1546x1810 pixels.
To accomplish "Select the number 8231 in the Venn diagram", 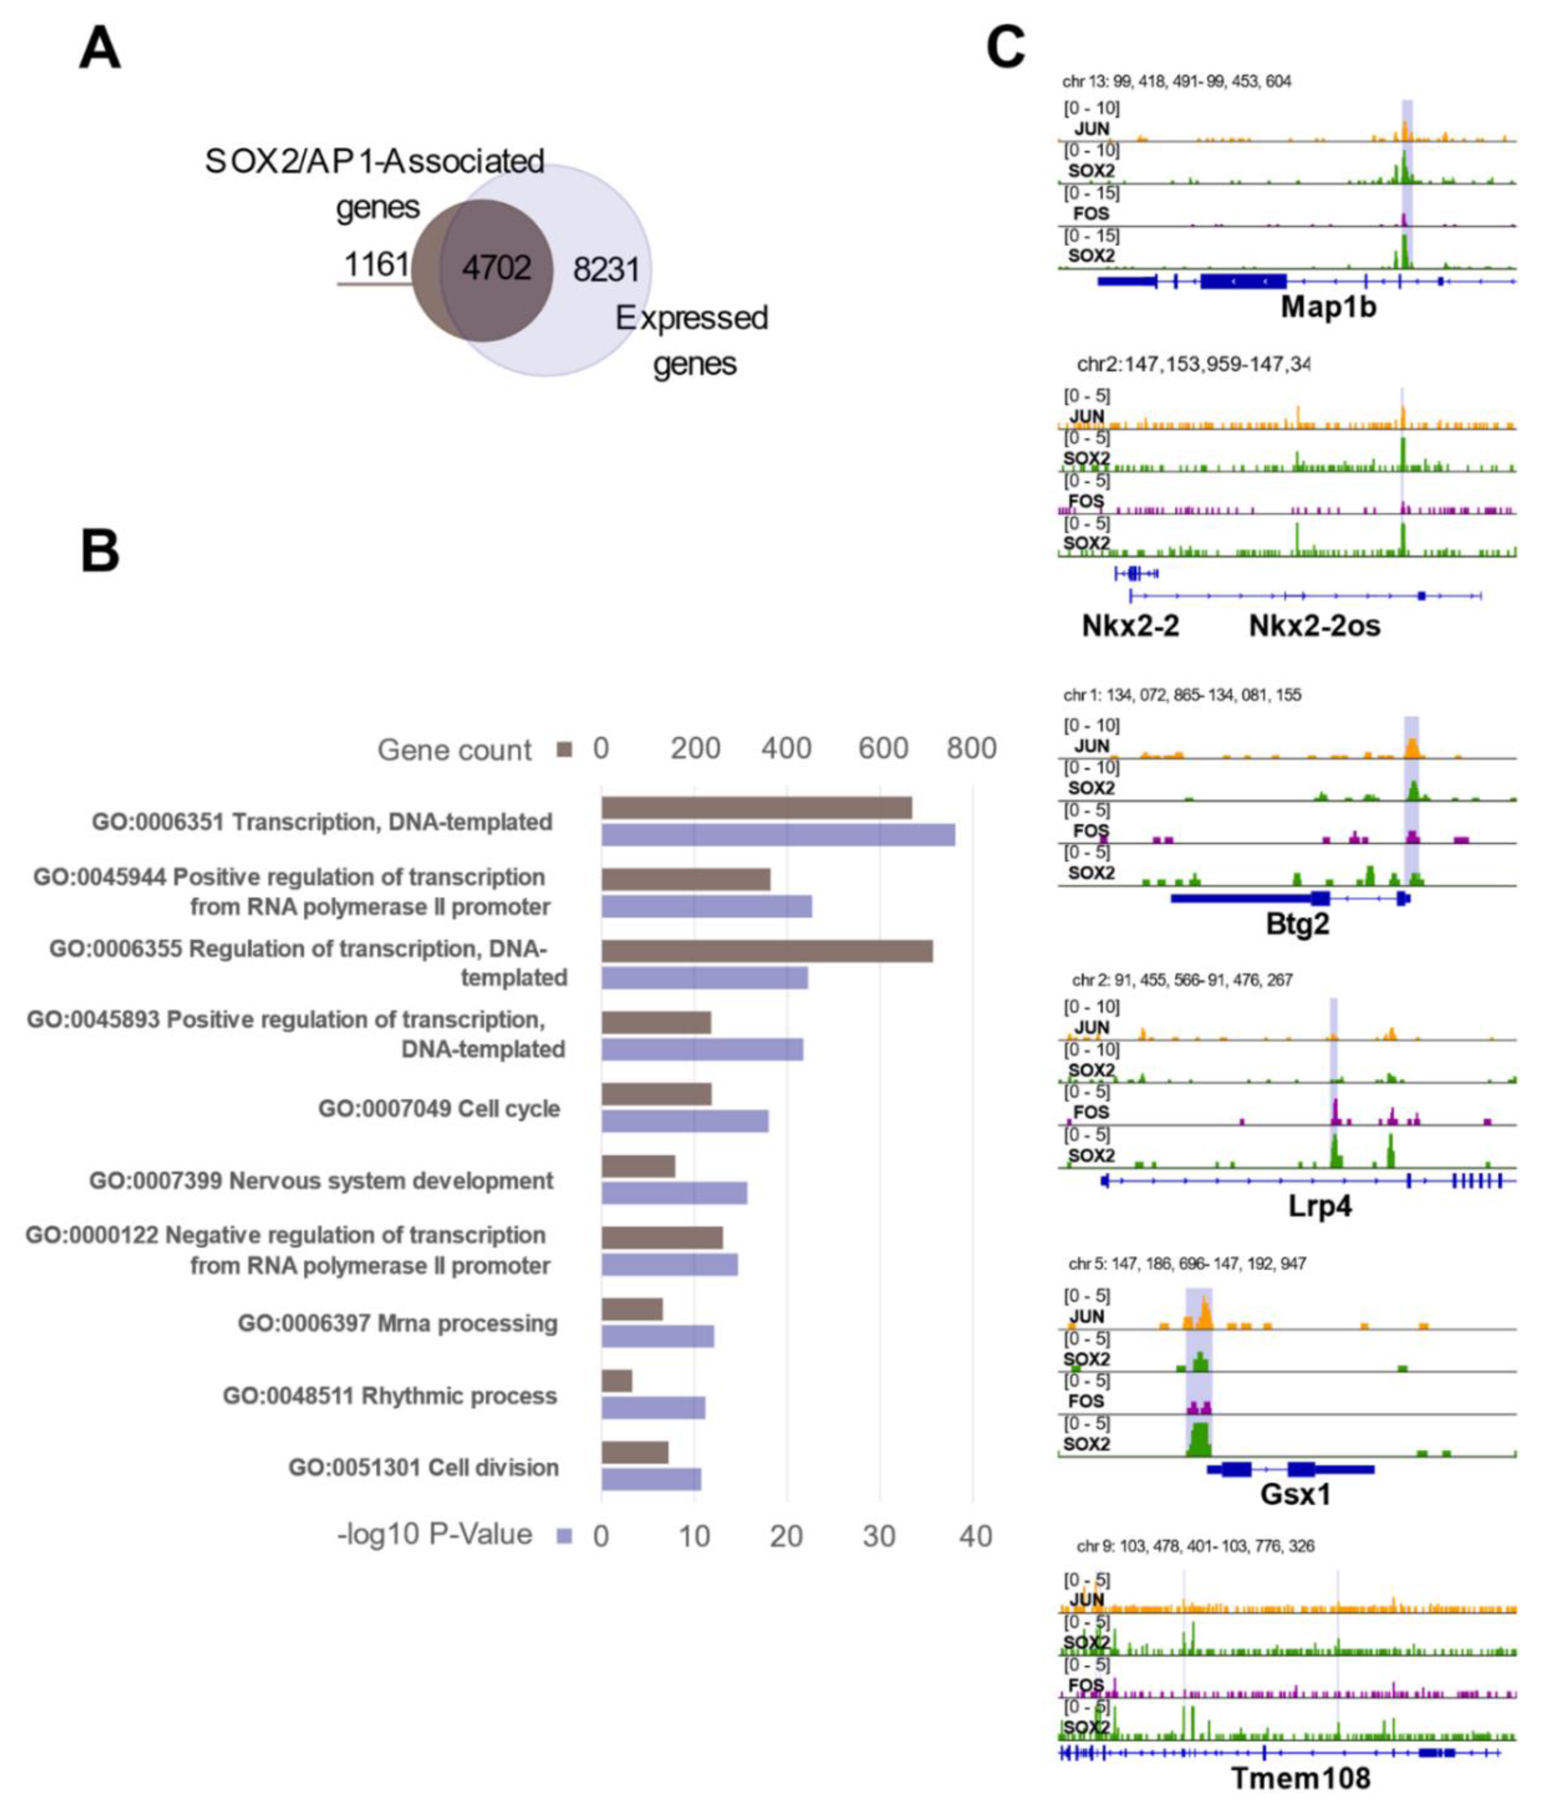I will pos(606,269).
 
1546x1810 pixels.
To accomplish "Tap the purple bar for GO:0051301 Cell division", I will pos(650,1479).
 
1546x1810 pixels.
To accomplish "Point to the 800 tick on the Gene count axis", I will pos(971,749).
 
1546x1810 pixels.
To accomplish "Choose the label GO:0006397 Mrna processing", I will pos(397,1323).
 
